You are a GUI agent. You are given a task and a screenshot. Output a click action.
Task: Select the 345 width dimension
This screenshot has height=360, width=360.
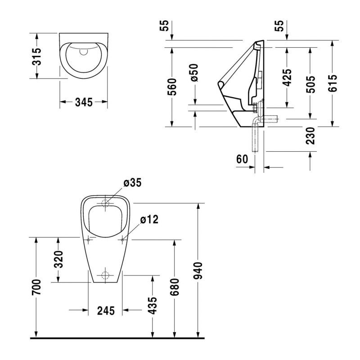[x=84, y=102]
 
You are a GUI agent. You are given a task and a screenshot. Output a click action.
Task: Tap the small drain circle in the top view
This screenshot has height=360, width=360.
[x=83, y=51]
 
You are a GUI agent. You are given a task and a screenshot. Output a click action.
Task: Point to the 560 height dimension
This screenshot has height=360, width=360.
[x=172, y=86]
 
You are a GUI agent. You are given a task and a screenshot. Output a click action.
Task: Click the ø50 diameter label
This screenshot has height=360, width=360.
[x=194, y=73]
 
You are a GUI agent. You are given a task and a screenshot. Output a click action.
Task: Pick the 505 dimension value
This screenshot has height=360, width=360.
[x=310, y=83]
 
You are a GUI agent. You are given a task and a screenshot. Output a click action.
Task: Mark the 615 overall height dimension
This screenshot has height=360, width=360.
[x=333, y=83]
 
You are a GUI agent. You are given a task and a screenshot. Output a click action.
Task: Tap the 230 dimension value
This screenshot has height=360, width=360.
[x=310, y=135]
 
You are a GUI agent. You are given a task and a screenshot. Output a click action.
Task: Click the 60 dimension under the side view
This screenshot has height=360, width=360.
[x=242, y=159]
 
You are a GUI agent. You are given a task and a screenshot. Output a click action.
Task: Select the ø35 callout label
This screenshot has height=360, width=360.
[x=132, y=183]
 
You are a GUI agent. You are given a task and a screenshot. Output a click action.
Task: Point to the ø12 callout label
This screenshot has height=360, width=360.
[x=148, y=219]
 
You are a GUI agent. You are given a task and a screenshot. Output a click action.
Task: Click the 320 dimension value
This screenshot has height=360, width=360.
[x=59, y=259]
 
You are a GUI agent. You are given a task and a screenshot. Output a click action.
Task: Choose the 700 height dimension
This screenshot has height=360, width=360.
[x=36, y=287]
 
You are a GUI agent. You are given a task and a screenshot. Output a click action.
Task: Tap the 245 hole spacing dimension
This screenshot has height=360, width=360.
[x=106, y=310]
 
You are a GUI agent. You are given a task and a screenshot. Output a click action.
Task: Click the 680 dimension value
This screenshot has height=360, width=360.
[x=175, y=287]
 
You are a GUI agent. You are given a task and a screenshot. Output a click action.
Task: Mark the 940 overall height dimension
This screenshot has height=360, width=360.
[x=198, y=270]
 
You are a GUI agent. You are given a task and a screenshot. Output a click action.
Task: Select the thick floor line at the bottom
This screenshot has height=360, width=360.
[x=117, y=337]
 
